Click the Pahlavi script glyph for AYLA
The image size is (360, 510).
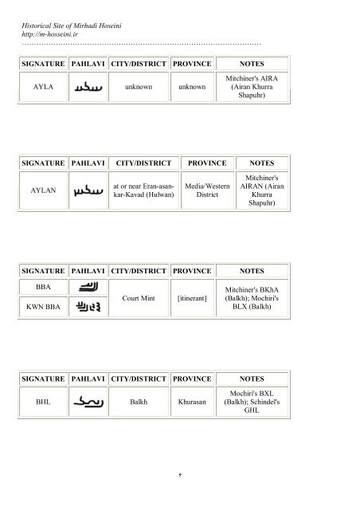(x=88, y=86)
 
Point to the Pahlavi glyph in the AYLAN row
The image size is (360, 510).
(x=88, y=192)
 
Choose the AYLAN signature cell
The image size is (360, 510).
(x=43, y=192)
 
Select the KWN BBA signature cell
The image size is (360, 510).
(x=43, y=304)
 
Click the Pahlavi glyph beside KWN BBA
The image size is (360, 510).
(x=87, y=304)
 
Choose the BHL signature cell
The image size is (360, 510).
(x=43, y=402)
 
